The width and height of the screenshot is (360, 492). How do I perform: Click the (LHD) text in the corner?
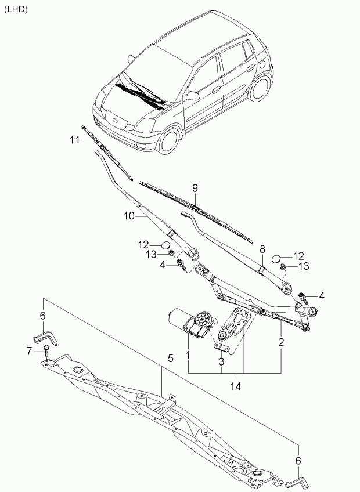[16, 10]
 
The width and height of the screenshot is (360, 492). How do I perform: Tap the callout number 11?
[75, 140]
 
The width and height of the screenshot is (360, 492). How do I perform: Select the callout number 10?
[129, 216]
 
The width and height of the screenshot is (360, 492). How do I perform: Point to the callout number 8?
[262, 249]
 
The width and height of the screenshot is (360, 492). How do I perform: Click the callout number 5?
[171, 358]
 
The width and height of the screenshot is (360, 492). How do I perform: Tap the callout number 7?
[29, 351]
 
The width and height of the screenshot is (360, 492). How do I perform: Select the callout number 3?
[221, 361]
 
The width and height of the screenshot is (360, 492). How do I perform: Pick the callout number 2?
[281, 342]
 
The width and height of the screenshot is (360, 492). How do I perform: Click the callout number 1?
[188, 356]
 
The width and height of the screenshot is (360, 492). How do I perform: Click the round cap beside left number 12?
[165, 245]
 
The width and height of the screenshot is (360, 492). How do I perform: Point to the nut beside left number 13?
[171, 252]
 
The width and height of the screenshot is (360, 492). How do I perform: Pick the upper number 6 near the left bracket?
[43, 316]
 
